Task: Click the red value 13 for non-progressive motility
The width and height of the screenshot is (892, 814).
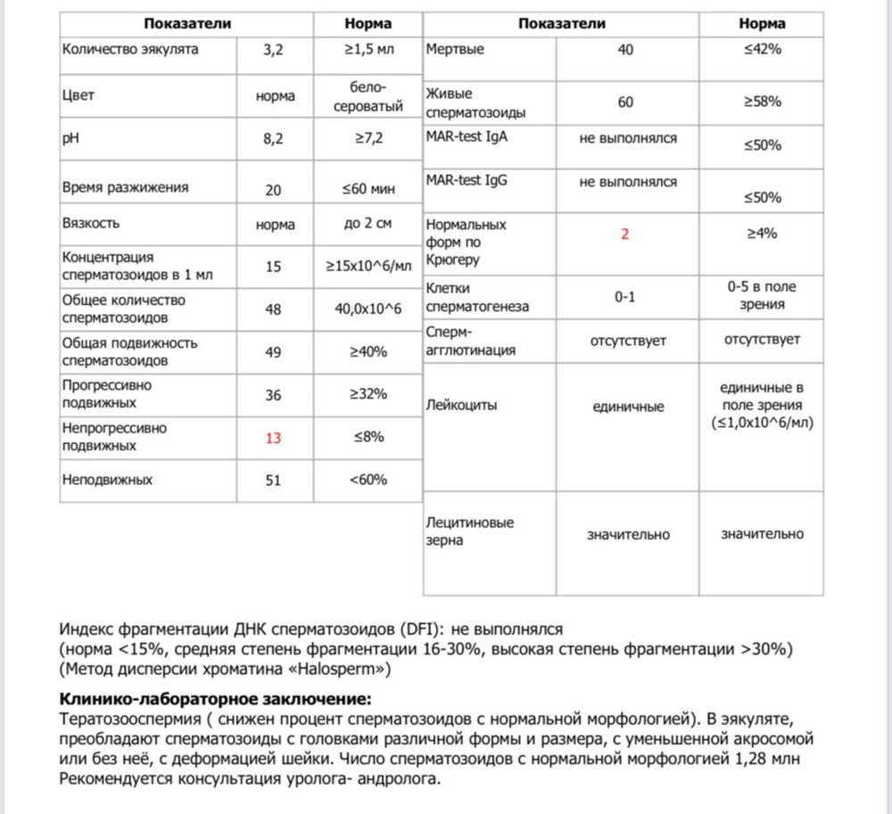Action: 273,437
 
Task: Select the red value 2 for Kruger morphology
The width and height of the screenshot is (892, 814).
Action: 625,234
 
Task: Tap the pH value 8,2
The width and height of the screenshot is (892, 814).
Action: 273,139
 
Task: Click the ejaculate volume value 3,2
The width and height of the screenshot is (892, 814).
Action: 273,50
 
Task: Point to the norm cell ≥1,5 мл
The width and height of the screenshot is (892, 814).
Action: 368,50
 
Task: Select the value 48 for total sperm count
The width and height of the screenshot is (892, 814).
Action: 273,309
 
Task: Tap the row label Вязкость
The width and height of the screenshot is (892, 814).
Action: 91,223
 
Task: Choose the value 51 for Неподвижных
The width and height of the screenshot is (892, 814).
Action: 273,480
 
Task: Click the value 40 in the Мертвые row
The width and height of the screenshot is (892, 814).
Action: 625,50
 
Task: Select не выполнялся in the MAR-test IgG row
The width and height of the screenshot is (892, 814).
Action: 628,181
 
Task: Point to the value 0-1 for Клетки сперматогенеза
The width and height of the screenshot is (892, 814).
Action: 625,298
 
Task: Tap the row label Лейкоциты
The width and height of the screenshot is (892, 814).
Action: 462,405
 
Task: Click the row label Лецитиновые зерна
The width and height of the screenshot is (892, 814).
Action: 470,531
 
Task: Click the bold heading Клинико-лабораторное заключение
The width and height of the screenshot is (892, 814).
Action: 214,697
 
